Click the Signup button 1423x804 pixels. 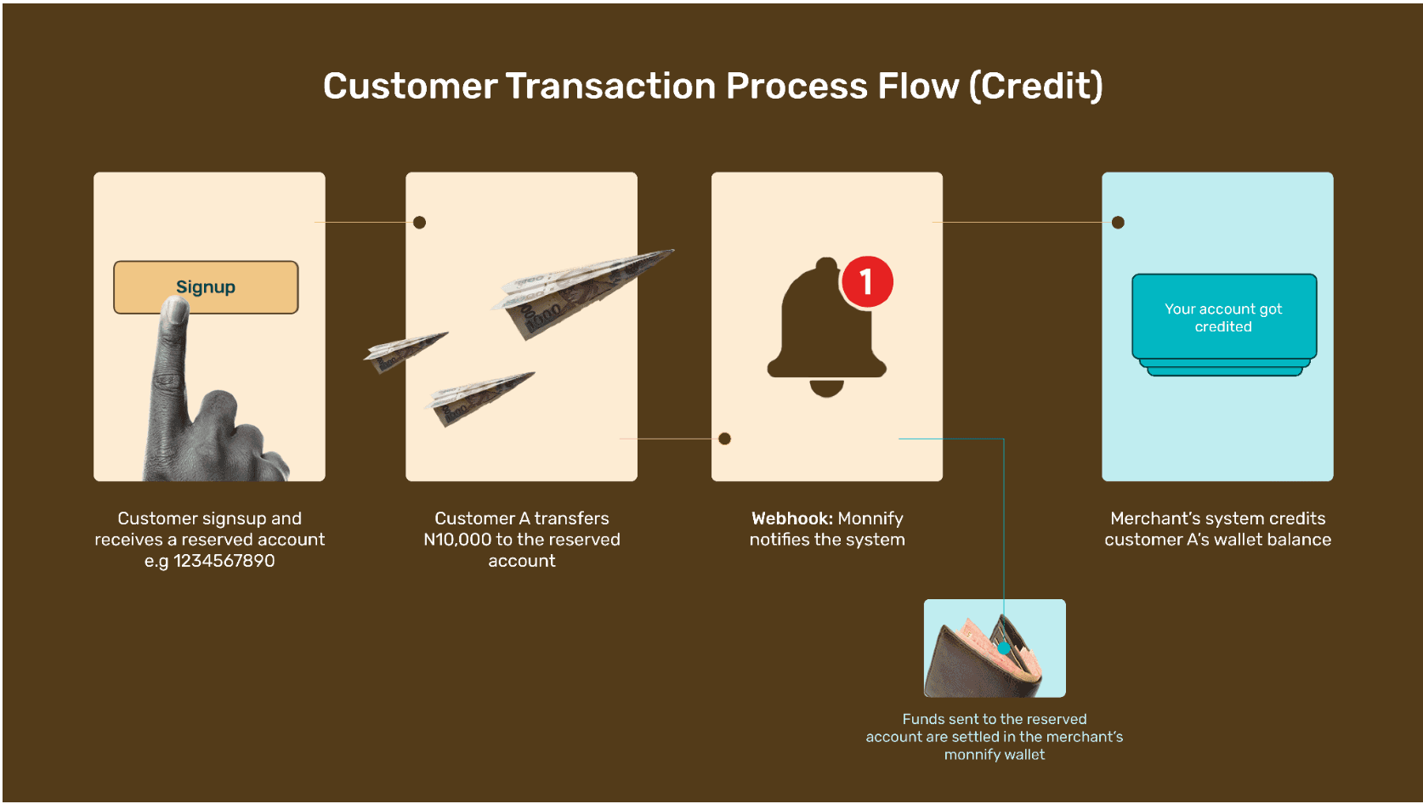[206, 286]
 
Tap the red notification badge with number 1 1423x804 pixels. [866, 281]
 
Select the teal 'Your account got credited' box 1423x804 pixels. [1223, 317]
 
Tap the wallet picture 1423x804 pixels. [994, 648]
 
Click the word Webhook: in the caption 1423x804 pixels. [791, 518]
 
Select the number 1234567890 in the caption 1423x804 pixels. [224, 561]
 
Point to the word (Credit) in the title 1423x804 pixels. [1035, 86]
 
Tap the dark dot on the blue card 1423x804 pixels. [1118, 223]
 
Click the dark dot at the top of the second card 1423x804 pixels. [419, 223]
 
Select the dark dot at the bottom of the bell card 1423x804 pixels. [724, 439]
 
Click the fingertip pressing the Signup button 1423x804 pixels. [176, 311]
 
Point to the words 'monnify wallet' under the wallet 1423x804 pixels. [994, 755]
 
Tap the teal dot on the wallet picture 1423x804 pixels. [1004, 648]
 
